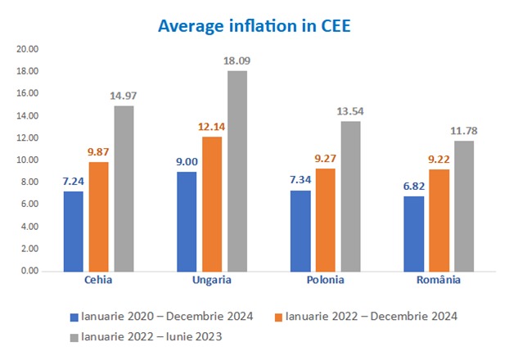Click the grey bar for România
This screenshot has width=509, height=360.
463,205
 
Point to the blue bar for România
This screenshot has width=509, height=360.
414,233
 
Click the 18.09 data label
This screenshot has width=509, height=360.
237,61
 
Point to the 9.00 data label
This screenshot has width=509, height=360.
186,162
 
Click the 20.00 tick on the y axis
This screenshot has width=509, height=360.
28,49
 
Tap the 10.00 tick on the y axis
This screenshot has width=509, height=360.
28,160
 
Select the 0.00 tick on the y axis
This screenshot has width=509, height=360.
30,271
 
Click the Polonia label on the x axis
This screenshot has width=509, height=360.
325,280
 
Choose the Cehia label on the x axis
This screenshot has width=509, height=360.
98,280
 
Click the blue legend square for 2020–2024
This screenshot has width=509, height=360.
74,316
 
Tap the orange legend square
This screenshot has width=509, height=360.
278,316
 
